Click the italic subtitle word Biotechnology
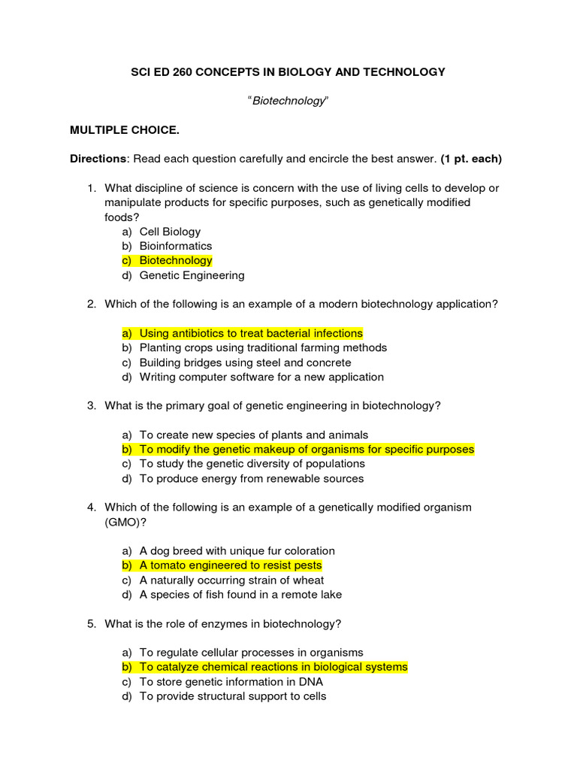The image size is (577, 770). pos(288,101)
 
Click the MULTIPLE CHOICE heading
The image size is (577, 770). pos(125,130)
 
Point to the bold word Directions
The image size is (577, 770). pos(98,159)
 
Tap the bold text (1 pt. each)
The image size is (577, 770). pos(471,159)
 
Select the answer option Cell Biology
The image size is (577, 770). pos(170,232)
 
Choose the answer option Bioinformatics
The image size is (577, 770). pos(176,246)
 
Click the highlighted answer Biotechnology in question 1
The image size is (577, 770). pos(176,260)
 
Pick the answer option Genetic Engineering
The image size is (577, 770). pos(192,275)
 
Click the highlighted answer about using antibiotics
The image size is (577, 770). pos(251,333)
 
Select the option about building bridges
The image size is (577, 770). pos(245,362)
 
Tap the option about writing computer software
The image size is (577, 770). pos(261,377)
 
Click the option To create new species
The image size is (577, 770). pos(254,435)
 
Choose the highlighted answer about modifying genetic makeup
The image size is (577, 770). pos(307,449)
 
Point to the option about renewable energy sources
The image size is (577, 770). pos(252,478)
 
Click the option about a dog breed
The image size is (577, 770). pos(237,550)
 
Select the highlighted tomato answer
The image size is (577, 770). pos(230,565)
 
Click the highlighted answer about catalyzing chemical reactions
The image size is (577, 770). pos(273,667)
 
